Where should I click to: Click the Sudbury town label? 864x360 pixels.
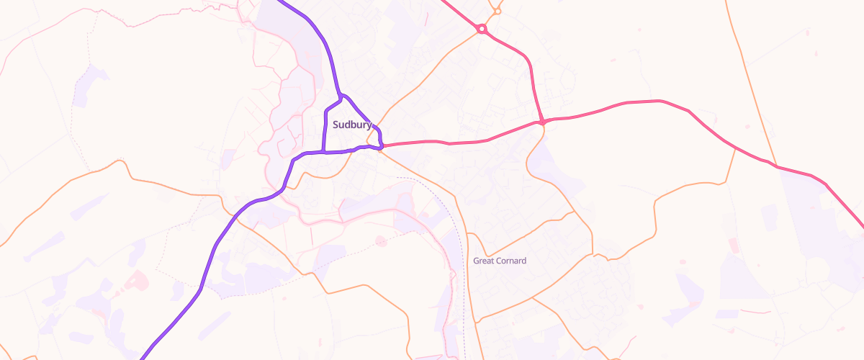(x=352, y=125)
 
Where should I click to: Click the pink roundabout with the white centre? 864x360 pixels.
(x=482, y=30)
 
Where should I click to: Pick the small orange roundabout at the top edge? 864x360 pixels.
(x=498, y=12)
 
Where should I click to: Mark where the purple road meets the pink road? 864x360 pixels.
(x=381, y=147)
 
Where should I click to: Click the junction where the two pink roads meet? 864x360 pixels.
(x=542, y=122)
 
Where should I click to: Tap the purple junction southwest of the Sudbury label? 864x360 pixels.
(x=324, y=153)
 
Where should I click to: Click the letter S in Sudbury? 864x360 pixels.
(x=336, y=125)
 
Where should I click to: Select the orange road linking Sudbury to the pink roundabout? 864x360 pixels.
(x=432, y=72)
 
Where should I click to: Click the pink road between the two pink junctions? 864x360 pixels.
(x=461, y=142)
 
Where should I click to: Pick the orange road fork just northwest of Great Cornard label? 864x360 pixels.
(x=468, y=233)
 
